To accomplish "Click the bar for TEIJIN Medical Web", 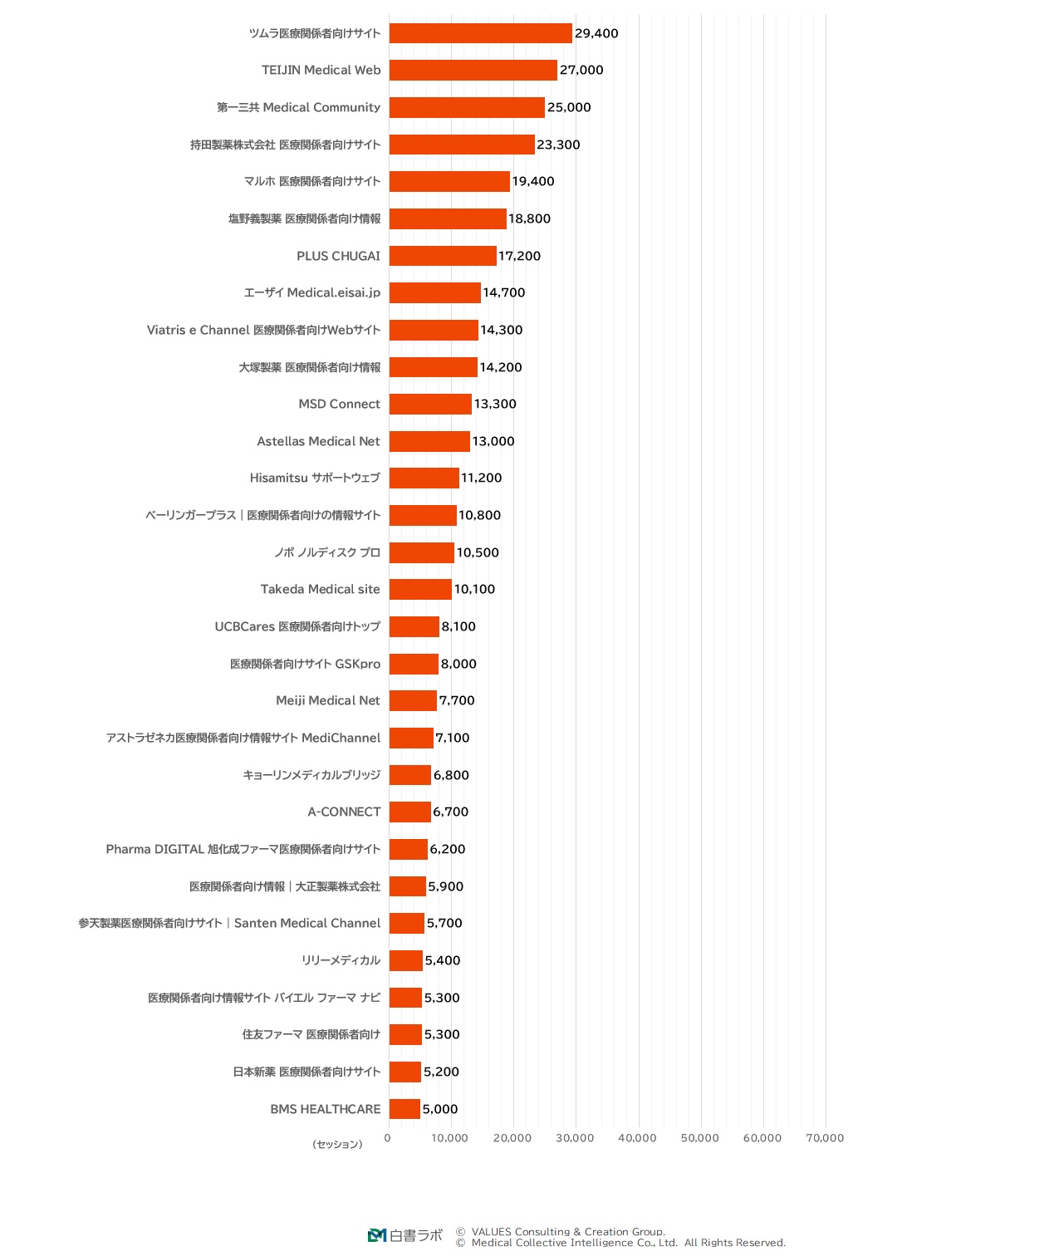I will pyautogui.click(x=473, y=71).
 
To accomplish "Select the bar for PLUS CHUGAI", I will pyautogui.click(x=443, y=256).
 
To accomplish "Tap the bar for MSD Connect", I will pyautogui.click(x=430, y=405).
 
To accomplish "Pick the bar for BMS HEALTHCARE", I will pyautogui.click(x=404, y=1109).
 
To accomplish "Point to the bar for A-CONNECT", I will pyautogui.click(x=409, y=812).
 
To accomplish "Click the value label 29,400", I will pyautogui.click(x=596, y=34).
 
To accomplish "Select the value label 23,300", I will pyautogui.click(x=558, y=145).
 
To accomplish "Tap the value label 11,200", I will pyautogui.click(x=482, y=478).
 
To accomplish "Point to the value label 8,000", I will pyautogui.click(x=458, y=664).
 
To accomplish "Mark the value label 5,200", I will pyautogui.click(x=441, y=1072).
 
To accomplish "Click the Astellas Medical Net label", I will pyautogui.click(x=318, y=441).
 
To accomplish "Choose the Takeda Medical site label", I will pyautogui.click(x=320, y=590).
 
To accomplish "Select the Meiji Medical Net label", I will pyautogui.click(x=328, y=701).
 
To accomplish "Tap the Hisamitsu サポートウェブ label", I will pyautogui.click(x=315, y=478).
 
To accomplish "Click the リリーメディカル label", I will pyautogui.click(x=341, y=960).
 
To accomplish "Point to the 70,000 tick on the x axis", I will pyautogui.click(x=825, y=1138).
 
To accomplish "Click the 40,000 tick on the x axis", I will pyautogui.click(x=637, y=1138).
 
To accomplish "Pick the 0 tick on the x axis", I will pyautogui.click(x=387, y=1138).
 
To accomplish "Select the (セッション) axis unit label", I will pyautogui.click(x=337, y=1145).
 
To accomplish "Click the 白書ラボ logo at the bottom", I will pyautogui.click(x=405, y=1235).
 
